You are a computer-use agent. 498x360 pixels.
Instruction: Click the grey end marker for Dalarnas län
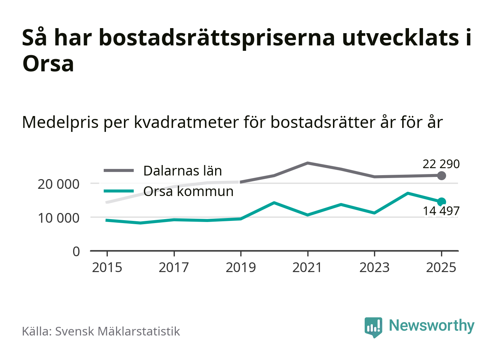click(x=441, y=176)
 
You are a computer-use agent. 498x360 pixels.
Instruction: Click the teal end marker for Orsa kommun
click(x=441, y=202)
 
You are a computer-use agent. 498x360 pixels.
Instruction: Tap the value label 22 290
click(x=441, y=164)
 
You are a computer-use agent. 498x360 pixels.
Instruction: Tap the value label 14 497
click(x=441, y=211)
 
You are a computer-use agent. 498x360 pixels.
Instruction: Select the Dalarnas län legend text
click(x=182, y=171)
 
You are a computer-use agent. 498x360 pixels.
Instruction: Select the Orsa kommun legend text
click(x=188, y=191)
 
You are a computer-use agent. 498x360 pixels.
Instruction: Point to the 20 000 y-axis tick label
click(x=58, y=184)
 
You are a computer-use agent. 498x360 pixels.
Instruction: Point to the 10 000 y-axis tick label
click(x=58, y=218)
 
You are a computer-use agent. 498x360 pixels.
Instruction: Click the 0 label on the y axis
click(x=76, y=251)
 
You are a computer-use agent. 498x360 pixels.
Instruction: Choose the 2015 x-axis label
click(x=107, y=268)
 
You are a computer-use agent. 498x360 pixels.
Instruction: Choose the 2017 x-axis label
click(x=174, y=268)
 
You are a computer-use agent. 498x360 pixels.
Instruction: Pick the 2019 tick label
click(x=241, y=268)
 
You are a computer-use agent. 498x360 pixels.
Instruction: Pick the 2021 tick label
click(x=307, y=268)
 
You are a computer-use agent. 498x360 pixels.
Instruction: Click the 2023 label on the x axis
click(x=374, y=268)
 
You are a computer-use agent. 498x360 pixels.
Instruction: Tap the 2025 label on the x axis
click(x=441, y=268)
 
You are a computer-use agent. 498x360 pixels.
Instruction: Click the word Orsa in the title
click(x=48, y=64)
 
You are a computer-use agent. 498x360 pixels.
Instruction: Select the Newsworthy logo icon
click(x=373, y=326)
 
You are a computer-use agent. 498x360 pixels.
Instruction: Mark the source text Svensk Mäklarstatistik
click(x=117, y=332)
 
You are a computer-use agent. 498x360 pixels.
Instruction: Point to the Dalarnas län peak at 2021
click(x=307, y=163)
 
